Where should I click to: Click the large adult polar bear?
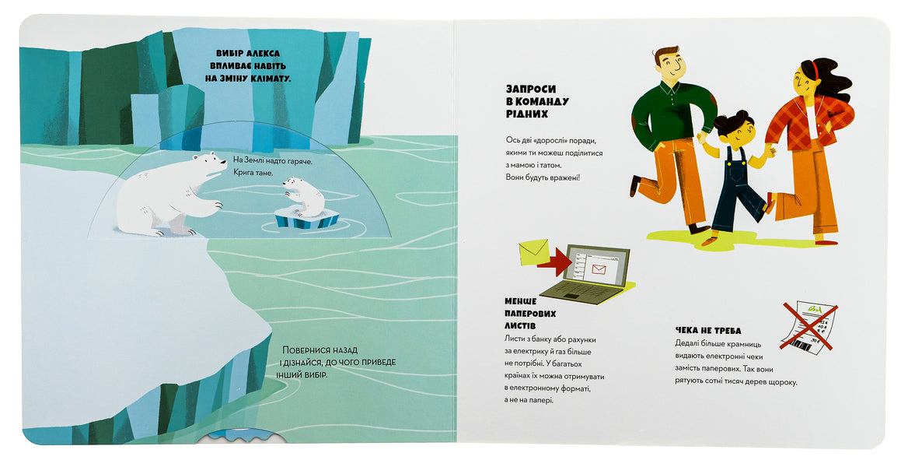168,195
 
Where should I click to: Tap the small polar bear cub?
304,196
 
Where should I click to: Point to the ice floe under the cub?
307,219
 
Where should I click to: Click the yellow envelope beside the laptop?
533,252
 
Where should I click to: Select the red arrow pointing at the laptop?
555,263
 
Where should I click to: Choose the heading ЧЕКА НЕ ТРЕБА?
707,331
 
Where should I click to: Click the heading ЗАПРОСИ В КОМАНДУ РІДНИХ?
537,101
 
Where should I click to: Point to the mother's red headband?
811,70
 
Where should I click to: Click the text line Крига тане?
253,173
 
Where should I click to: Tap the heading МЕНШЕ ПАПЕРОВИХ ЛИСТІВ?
530,313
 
